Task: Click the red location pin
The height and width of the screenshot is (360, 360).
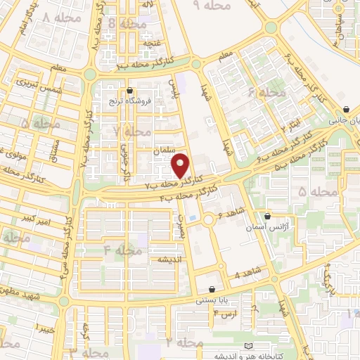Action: pos(181,165)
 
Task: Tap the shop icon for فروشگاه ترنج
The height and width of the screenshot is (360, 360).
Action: pos(131,90)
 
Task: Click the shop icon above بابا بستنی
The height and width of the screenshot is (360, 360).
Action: pos(212,289)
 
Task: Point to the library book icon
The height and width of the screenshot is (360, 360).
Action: pos(246,345)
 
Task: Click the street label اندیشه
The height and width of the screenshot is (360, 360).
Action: pos(169,259)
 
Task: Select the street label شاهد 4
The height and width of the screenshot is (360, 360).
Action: pos(247,271)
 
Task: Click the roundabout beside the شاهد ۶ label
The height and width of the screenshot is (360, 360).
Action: pos(209,220)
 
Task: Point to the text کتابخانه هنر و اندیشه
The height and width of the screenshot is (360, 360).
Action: pos(288,354)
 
